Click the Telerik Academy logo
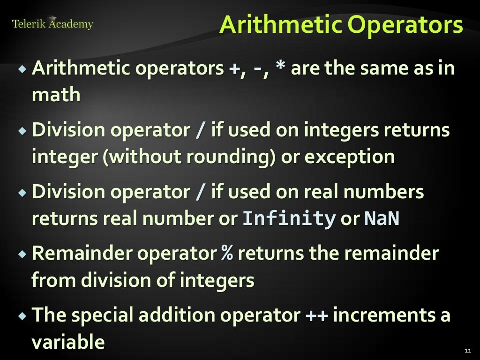52,23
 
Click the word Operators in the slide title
405,25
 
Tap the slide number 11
467,351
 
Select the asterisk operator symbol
280,69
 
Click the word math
56,95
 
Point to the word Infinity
289,219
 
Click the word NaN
382,219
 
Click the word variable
68,342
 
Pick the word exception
350,157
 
